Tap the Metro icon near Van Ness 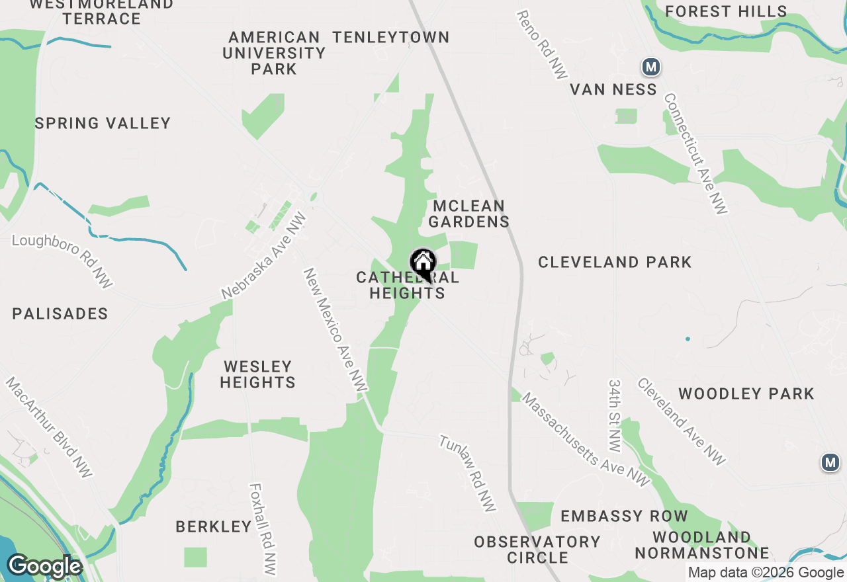click(x=651, y=67)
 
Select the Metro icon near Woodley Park click(x=830, y=462)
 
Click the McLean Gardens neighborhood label click(x=469, y=214)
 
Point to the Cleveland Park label click(x=615, y=262)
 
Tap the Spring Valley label click(x=103, y=123)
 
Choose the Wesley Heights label click(x=258, y=374)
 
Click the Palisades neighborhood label click(x=60, y=313)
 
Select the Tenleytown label click(x=391, y=37)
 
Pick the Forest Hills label click(x=726, y=11)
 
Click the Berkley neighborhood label click(x=213, y=526)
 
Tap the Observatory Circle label click(x=537, y=550)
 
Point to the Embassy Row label click(x=624, y=516)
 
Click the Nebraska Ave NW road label click(x=265, y=255)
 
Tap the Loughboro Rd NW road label click(x=62, y=260)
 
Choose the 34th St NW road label click(x=615, y=415)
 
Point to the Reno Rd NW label click(x=542, y=44)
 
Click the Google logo click(x=44, y=567)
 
